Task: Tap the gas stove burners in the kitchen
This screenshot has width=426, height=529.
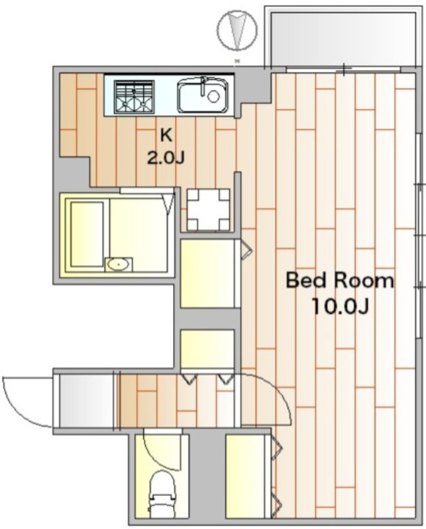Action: pyautogui.click(x=134, y=96)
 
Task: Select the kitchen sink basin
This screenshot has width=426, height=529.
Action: pyautogui.click(x=203, y=95)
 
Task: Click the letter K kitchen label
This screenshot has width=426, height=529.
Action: pyautogui.click(x=166, y=136)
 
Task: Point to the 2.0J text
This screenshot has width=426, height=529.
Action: pyautogui.click(x=166, y=158)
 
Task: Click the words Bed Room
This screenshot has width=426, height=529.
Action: pyautogui.click(x=340, y=280)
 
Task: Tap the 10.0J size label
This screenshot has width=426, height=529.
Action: pyautogui.click(x=340, y=306)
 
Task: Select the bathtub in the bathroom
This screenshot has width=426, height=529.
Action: pyautogui.click(x=87, y=234)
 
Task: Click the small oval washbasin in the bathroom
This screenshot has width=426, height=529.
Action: pyautogui.click(x=118, y=264)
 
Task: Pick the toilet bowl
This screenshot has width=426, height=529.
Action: pyautogui.click(x=162, y=493)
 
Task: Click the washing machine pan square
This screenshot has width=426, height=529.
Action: pyautogui.click(x=209, y=210)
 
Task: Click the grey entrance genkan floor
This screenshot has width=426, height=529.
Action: pyautogui.click(x=87, y=401)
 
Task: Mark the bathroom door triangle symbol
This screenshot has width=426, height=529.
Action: pyautogui.click(x=168, y=203)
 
